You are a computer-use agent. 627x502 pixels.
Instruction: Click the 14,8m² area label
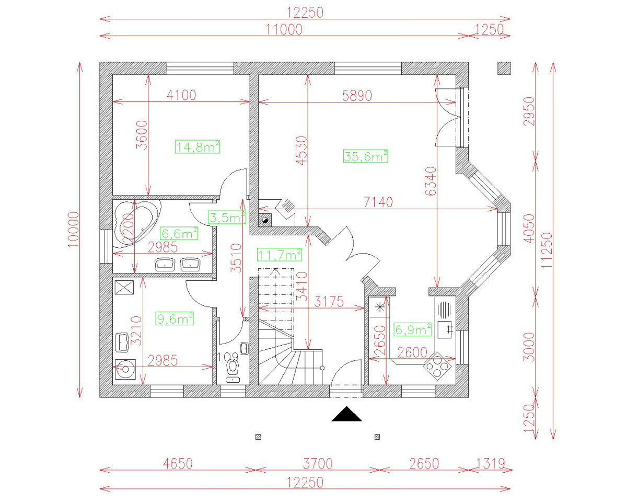point(197,147)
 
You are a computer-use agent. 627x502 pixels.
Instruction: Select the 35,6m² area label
point(365,156)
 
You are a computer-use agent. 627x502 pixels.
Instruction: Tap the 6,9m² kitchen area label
point(413,329)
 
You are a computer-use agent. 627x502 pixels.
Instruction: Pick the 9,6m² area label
point(175,318)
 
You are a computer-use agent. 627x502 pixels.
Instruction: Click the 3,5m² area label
point(226,218)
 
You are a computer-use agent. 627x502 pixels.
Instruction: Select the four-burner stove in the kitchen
point(438,366)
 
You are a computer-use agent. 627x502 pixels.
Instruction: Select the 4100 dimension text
point(181,95)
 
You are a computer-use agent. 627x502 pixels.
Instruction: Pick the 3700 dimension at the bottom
point(317,463)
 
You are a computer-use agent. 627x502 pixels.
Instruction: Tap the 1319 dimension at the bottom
point(490,463)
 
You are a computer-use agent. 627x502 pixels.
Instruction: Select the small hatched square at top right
point(504,68)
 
